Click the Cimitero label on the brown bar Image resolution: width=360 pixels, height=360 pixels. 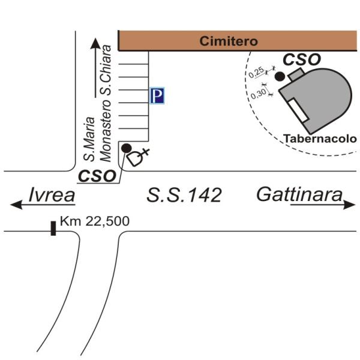tap(229, 41)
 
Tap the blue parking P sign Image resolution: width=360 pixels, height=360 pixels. tap(157, 96)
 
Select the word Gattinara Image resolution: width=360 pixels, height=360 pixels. tap(299, 194)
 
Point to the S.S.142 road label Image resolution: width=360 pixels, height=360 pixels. tap(184, 195)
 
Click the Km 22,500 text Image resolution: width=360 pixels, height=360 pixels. tap(95, 221)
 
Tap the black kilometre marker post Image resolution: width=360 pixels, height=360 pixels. tap(53, 228)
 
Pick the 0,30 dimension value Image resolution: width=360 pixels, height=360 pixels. tap(258, 94)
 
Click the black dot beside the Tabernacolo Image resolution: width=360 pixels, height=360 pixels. tap(279, 76)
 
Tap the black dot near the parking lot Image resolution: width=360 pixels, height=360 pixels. tap(126, 148)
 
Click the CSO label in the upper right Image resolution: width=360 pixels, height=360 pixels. tap(302, 59)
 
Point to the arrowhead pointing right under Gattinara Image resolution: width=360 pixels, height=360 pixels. tap(351, 205)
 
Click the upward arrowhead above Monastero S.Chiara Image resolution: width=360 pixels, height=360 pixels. tap(95, 44)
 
